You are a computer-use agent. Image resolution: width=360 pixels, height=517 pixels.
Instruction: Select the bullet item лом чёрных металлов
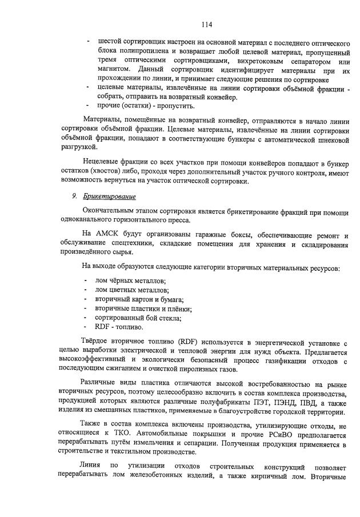131,280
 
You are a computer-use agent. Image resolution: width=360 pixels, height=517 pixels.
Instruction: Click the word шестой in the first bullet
110,42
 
